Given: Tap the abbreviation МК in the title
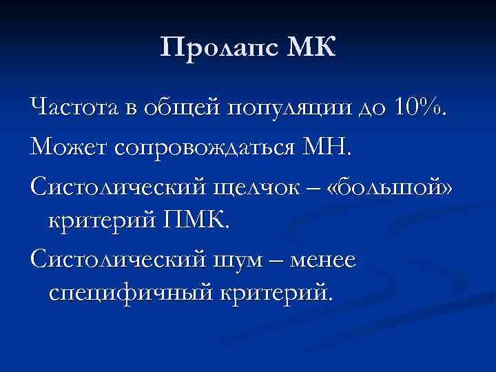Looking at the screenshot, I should click(x=311, y=49).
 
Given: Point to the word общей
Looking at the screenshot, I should click(x=184, y=109).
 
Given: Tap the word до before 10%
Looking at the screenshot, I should click(x=373, y=109).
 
